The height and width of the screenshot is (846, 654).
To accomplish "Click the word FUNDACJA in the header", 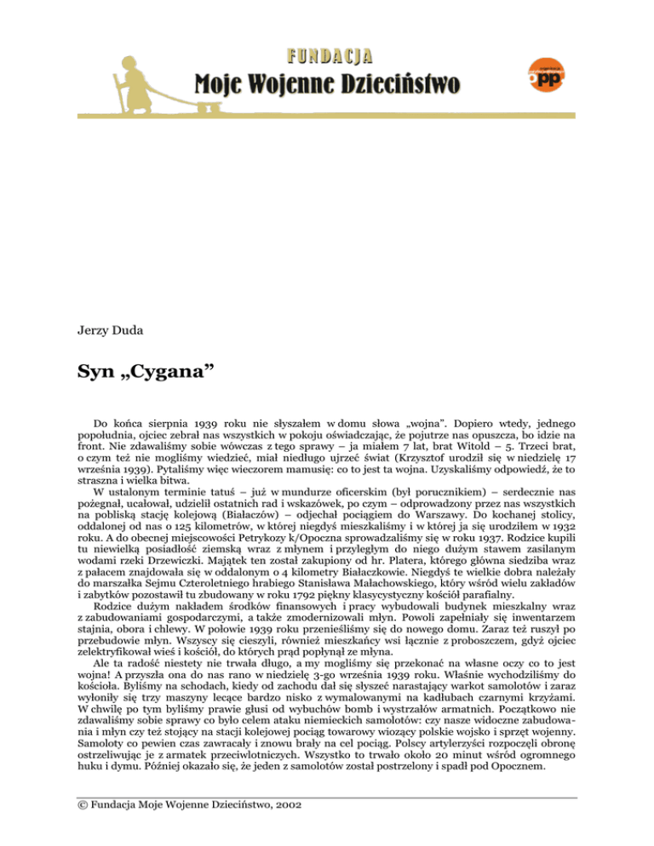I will pos(326,56).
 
